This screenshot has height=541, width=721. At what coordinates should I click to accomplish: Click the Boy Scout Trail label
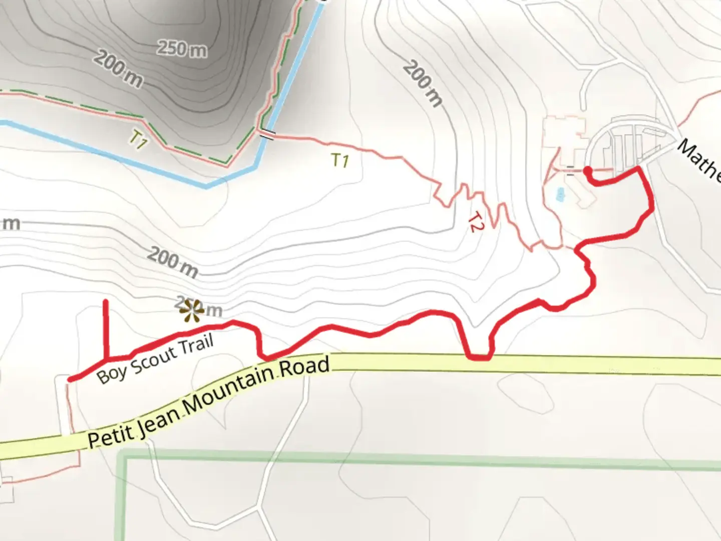(x=155, y=359)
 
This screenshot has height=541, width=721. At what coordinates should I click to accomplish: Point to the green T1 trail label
(x=340, y=160)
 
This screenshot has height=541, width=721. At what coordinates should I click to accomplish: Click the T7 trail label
(x=138, y=140)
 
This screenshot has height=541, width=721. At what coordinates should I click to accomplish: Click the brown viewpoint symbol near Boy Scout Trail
(x=191, y=311)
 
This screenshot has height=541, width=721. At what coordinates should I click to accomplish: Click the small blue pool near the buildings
(x=560, y=193)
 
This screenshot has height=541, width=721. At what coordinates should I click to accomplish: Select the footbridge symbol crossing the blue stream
(x=266, y=135)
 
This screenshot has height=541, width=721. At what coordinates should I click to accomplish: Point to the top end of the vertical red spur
(x=106, y=302)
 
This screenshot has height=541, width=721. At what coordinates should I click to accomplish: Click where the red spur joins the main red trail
(x=106, y=359)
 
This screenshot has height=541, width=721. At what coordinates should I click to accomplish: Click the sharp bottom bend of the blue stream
(x=206, y=186)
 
